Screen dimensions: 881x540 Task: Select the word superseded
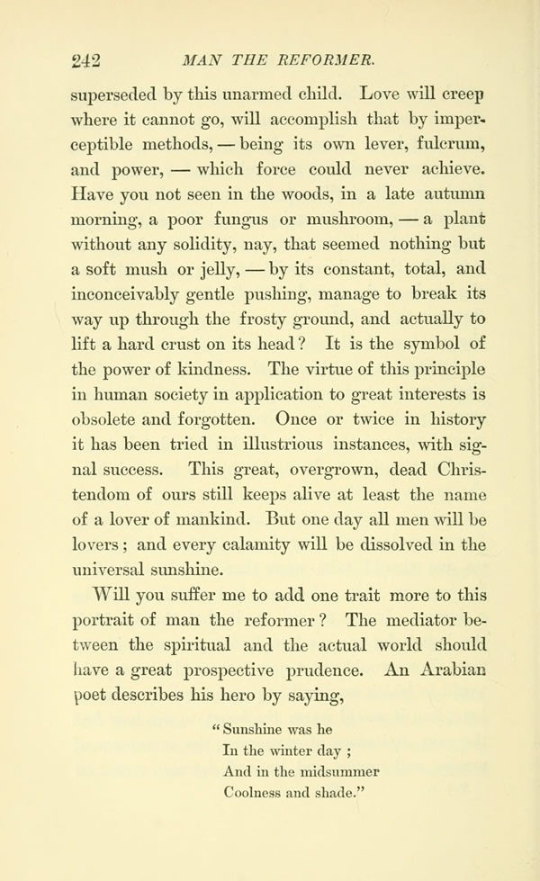click(118, 93)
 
